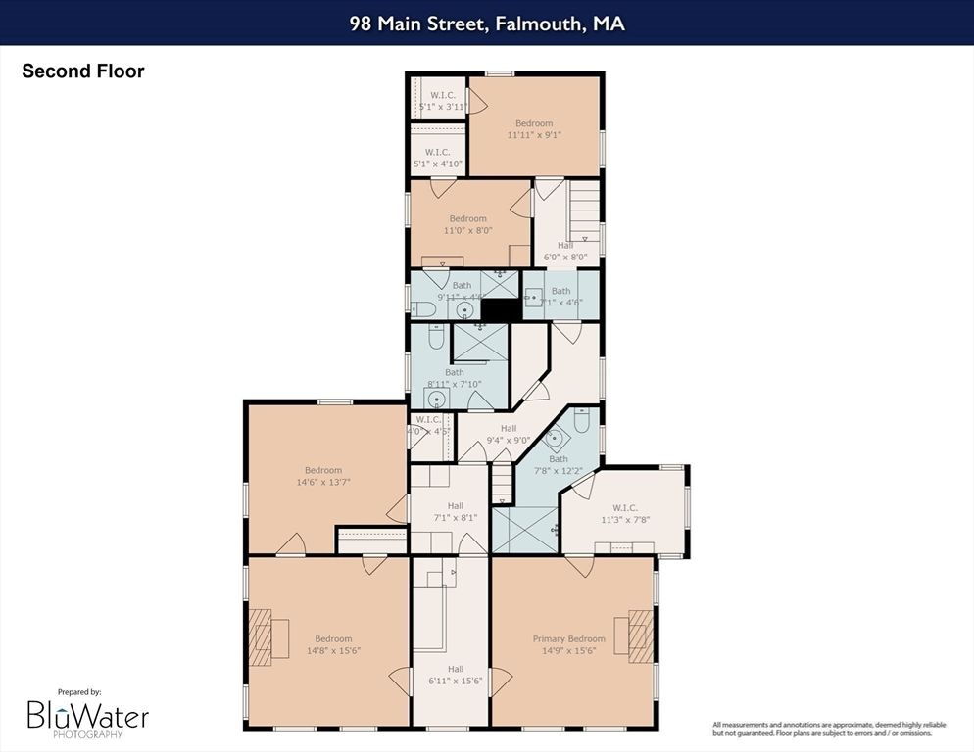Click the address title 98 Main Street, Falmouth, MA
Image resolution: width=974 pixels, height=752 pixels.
tap(487, 23)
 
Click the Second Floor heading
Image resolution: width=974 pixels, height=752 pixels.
tap(82, 71)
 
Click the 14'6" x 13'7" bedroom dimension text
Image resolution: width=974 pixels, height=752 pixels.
tap(322, 482)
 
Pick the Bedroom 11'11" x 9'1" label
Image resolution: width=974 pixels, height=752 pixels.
tap(534, 129)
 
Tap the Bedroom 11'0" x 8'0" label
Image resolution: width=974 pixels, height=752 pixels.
tap(467, 224)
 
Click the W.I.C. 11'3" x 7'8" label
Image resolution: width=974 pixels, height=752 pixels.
tap(625, 513)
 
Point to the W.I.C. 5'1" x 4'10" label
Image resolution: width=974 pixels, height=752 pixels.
tap(437, 158)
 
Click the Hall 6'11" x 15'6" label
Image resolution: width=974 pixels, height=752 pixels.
tap(450, 675)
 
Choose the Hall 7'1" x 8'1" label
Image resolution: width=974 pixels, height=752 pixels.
tap(450, 510)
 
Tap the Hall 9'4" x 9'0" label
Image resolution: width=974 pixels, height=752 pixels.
tap(508, 434)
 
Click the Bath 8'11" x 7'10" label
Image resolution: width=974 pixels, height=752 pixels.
tap(455, 378)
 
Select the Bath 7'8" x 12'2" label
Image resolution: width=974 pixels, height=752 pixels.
tap(558, 465)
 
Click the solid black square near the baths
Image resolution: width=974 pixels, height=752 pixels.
tap(500, 309)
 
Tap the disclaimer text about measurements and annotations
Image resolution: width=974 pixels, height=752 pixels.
tap(829, 728)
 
